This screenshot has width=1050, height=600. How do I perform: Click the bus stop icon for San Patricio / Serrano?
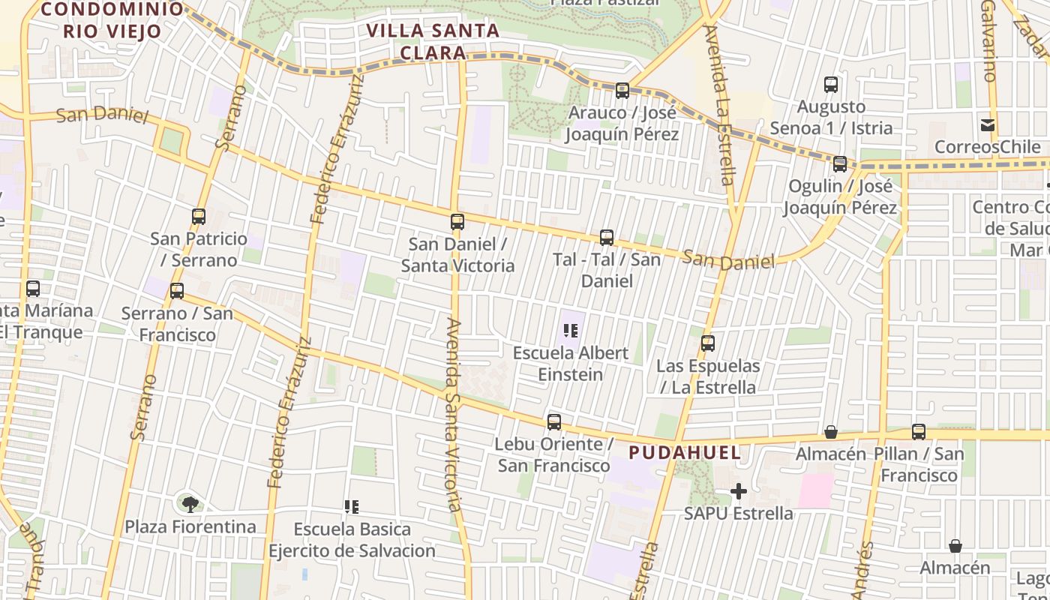pos(199,217)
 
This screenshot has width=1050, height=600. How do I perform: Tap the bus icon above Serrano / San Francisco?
pos(177,291)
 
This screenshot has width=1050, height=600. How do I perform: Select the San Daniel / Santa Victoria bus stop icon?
pos(457,222)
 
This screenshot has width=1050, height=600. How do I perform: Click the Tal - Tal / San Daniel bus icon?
pos(607,238)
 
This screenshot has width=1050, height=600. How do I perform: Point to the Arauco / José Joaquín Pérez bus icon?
pos(622,91)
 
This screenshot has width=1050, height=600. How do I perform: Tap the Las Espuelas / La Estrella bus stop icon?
pos(707,344)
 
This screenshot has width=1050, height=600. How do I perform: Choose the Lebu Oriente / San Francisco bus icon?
pos(554,422)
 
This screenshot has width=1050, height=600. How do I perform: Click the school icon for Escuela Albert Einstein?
pos(571,331)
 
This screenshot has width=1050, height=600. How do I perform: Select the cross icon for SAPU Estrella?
pos(739,492)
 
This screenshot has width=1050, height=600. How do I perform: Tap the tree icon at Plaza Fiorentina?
pos(190,504)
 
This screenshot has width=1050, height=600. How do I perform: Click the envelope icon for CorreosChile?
pos(988,125)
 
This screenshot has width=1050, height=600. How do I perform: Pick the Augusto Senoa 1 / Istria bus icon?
pos(831,85)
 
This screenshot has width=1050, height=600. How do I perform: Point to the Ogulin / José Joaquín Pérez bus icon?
pos(840,164)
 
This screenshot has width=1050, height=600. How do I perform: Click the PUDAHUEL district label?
pos(685,452)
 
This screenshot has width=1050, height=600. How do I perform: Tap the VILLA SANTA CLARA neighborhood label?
pos(433,42)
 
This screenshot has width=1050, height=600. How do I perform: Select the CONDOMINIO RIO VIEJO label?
pos(112,20)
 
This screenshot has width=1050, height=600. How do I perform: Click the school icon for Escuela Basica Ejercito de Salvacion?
pos(352,508)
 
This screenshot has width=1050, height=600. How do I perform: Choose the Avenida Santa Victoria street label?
pos(454,415)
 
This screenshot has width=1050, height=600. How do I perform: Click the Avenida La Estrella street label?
pos(721,105)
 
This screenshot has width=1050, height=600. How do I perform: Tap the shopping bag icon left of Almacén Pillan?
pos(831,432)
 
